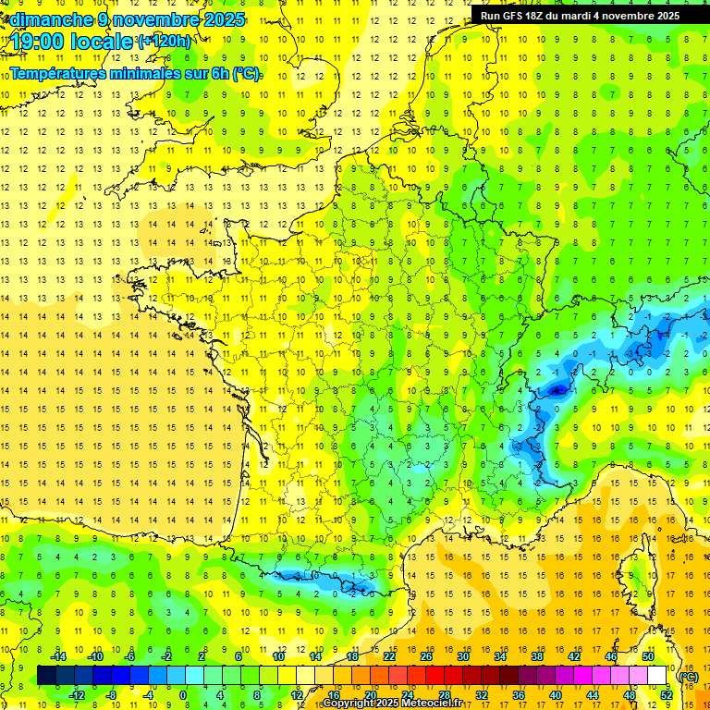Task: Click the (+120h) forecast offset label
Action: point(165,42)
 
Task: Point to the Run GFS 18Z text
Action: point(518,16)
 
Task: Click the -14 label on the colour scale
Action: point(60,656)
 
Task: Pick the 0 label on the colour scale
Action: point(183,695)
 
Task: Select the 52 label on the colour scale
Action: point(667,695)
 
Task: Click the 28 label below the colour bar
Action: point(445,695)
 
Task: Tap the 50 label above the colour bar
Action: point(648,656)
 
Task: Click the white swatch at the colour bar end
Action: point(657,676)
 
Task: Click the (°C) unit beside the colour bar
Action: point(688,677)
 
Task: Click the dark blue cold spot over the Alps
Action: point(557,392)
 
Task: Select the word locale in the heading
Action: point(104,42)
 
